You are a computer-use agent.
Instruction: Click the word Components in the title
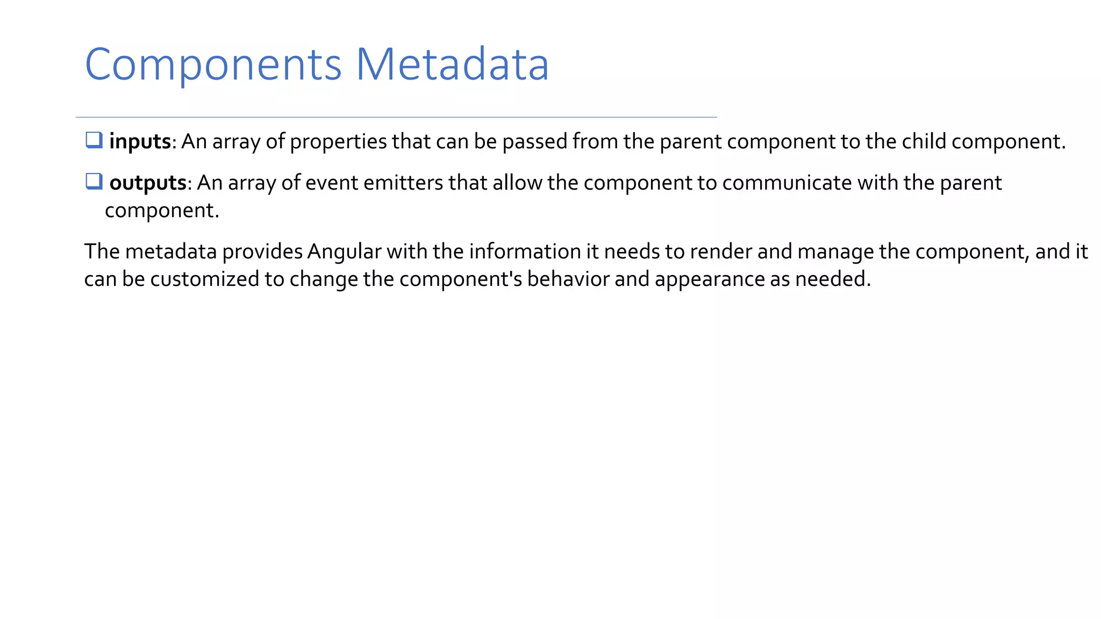(213, 65)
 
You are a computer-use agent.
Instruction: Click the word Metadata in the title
(452, 65)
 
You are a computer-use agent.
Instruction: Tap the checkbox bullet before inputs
(94, 140)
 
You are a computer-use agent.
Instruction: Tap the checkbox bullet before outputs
(94, 182)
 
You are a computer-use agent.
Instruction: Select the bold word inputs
(140, 142)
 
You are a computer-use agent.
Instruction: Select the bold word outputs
(148, 183)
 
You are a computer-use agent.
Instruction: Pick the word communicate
(787, 183)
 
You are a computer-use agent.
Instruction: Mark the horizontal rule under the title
(396, 117)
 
